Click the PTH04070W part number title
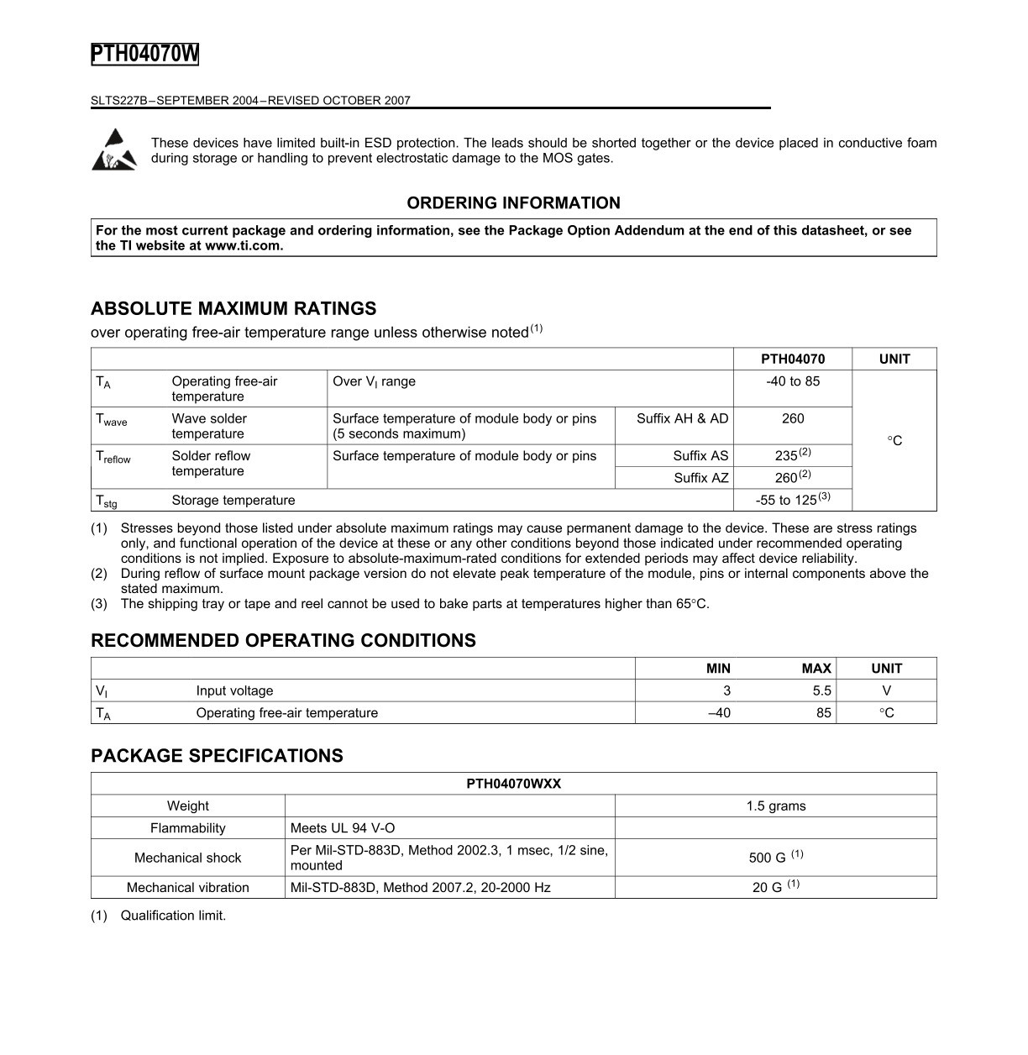(144, 54)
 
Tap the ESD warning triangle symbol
(113, 150)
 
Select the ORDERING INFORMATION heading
(513, 202)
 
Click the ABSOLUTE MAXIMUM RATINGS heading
(233, 308)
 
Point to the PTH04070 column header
(793, 359)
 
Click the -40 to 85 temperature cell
(793, 381)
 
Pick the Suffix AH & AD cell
(682, 418)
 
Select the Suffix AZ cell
(700, 478)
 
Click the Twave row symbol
(112, 419)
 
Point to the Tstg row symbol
(107, 501)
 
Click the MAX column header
(816, 669)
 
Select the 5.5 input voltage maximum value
(821, 690)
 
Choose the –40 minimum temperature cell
(719, 712)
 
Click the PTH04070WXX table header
(513, 784)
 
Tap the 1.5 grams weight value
(775, 806)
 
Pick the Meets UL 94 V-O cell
(342, 827)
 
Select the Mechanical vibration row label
(187, 887)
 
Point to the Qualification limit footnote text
(173, 916)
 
